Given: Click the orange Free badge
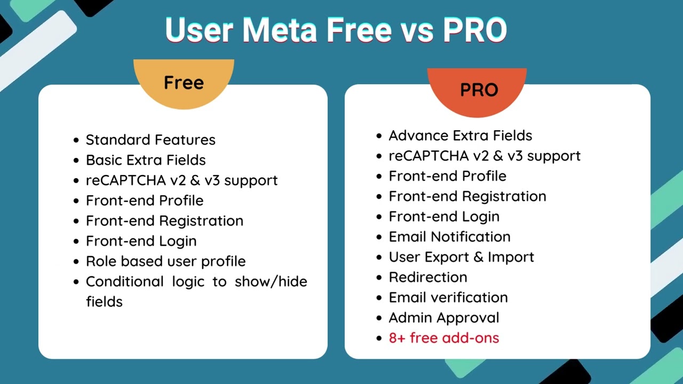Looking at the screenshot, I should click(x=184, y=83).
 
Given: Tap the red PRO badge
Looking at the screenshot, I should click(x=479, y=90).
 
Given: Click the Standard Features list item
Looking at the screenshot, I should click(x=150, y=140).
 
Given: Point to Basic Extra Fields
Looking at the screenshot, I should click(x=146, y=160).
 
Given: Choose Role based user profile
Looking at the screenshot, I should click(x=165, y=261).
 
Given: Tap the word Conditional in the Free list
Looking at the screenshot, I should click(x=124, y=282).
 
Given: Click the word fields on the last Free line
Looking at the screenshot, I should click(x=104, y=302).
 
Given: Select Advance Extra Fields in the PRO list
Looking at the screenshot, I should click(x=460, y=135).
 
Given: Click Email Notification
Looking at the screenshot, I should click(x=449, y=237).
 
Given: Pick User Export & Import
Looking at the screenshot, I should click(x=461, y=257).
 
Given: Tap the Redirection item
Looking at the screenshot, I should click(x=428, y=277).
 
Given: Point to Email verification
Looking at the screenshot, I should click(x=448, y=298).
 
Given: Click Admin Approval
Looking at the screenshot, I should click(x=444, y=318).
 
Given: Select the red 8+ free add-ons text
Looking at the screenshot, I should click(x=444, y=338).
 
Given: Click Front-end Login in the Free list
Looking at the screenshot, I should click(x=141, y=241).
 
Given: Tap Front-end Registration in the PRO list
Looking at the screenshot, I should click(x=467, y=196).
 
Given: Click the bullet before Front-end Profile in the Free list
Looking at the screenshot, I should click(x=76, y=201).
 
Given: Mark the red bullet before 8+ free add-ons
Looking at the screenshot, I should click(x=379, y=339).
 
